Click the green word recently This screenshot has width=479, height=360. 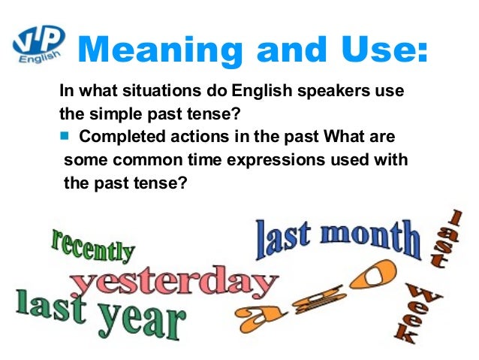click(92, 246)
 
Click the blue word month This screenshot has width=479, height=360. click(368, 236)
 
